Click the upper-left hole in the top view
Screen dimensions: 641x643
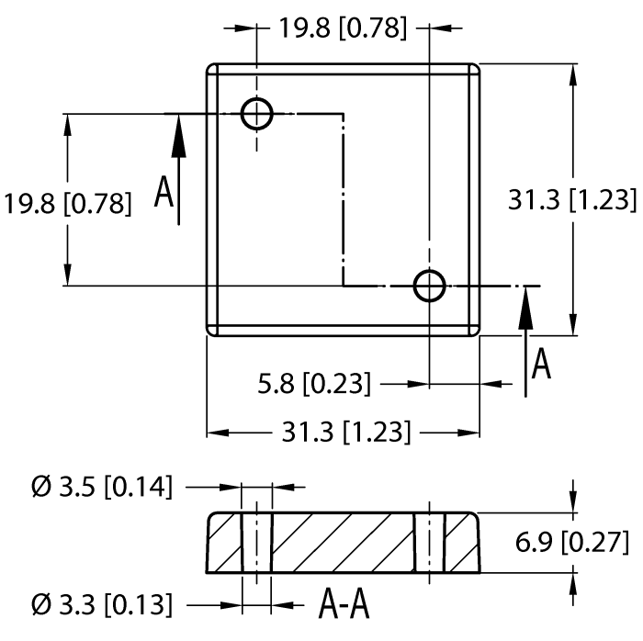click(257, 115)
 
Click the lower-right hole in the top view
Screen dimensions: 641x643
click(429, 286)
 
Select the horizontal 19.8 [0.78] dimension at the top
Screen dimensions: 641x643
click(343, 28)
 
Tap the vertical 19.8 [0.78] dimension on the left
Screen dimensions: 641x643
click(66, 203)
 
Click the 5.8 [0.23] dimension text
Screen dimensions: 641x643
click(315, 383)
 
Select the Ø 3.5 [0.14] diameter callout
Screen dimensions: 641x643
click(101, 487)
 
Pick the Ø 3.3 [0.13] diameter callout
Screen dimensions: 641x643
click(101, 604)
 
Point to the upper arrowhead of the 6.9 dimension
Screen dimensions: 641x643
click(573, 501)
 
